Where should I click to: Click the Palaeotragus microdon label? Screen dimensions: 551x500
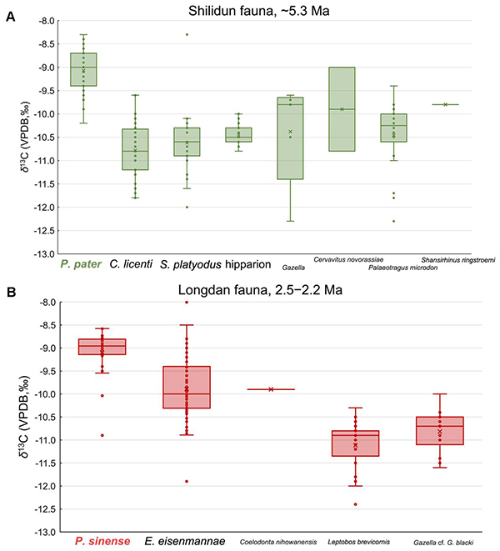[x=402, y=268]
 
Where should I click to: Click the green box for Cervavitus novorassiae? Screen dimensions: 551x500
[x=342, y=108]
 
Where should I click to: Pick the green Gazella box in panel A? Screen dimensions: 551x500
[x=290, y=138]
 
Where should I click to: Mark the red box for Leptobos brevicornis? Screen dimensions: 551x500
[x=355, y=443]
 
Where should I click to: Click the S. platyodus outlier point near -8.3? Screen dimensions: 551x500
[x=187, y=34]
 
